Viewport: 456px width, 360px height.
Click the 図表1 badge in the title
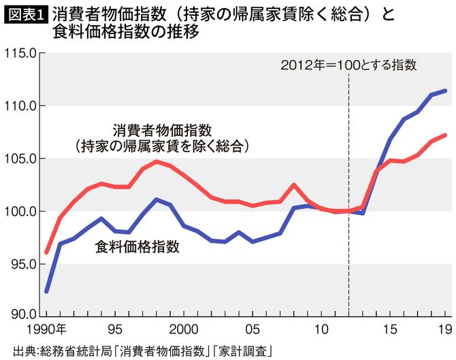click(x=25, y=13)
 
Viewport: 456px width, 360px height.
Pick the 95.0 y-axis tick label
click(x=21, y=264)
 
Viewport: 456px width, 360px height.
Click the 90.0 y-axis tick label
click(x=21, y=314)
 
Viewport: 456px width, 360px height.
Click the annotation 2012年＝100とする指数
click(x=348, y=67)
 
